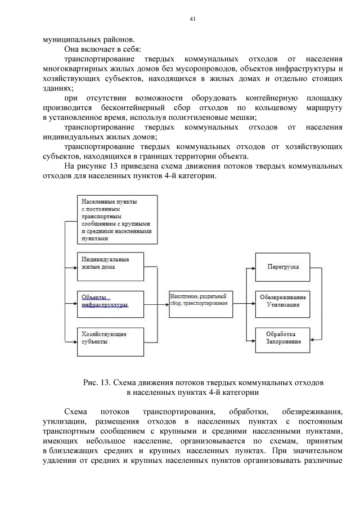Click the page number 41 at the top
tap(192, 19)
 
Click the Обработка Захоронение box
tap(283, 340)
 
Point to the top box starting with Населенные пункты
tap(117, 219)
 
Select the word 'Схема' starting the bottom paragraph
tap(76, 412)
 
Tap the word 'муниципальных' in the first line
tap(70, 39)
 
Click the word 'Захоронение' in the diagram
tap(283, 344)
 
